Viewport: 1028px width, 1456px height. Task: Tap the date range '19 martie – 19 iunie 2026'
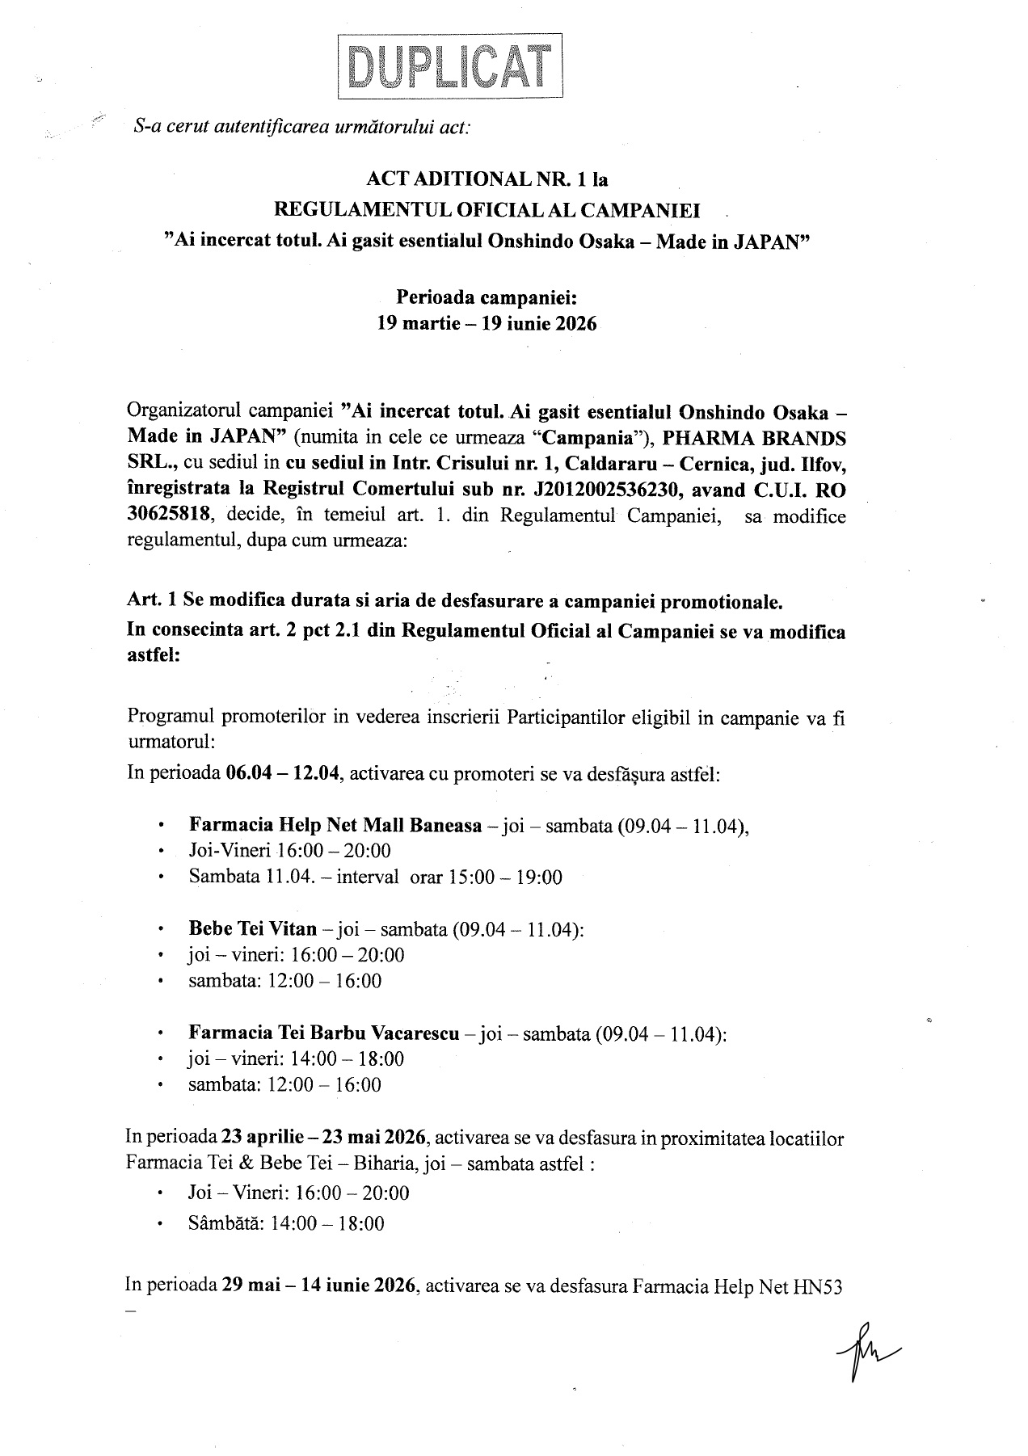[487, 324]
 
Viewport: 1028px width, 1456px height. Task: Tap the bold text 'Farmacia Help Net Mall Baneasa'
[335, 825]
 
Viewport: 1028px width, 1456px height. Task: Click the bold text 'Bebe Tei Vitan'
[252, 928]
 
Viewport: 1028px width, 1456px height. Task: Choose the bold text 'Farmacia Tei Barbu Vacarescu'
[324, 1033]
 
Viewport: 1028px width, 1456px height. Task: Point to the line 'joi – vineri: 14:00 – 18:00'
[296, 1058]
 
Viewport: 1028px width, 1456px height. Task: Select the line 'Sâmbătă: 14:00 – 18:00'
[286, 1223]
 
